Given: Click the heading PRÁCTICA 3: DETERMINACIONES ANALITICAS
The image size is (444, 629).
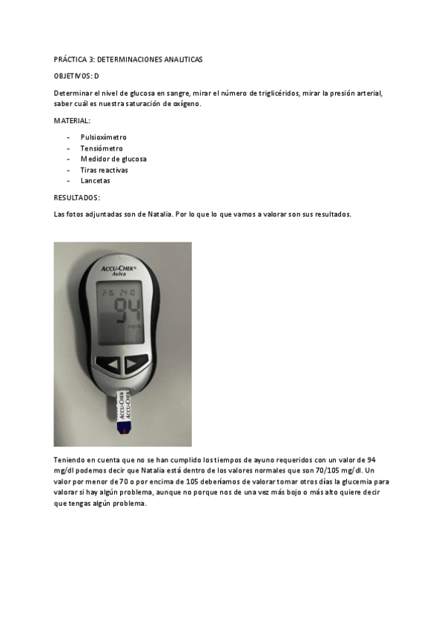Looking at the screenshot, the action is click(x=127, y=59).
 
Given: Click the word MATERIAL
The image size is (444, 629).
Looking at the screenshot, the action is click(x=72, y=120).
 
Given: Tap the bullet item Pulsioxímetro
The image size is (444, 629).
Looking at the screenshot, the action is click(x=104, y=137).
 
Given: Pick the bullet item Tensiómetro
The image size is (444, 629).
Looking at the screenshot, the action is click(x=102, y=148).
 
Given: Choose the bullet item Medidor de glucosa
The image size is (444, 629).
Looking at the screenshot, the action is click(x=113, y=159).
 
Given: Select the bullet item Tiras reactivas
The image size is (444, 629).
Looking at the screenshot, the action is click(x=104, y=170).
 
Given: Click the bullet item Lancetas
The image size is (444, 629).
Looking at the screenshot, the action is click(x=96, y=180).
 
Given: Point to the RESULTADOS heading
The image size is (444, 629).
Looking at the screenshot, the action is click(x=77, y=198).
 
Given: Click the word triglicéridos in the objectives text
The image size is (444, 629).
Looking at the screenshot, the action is click(x=276, y=93).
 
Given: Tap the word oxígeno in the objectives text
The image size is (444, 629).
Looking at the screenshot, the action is click(x=187, y=104).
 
